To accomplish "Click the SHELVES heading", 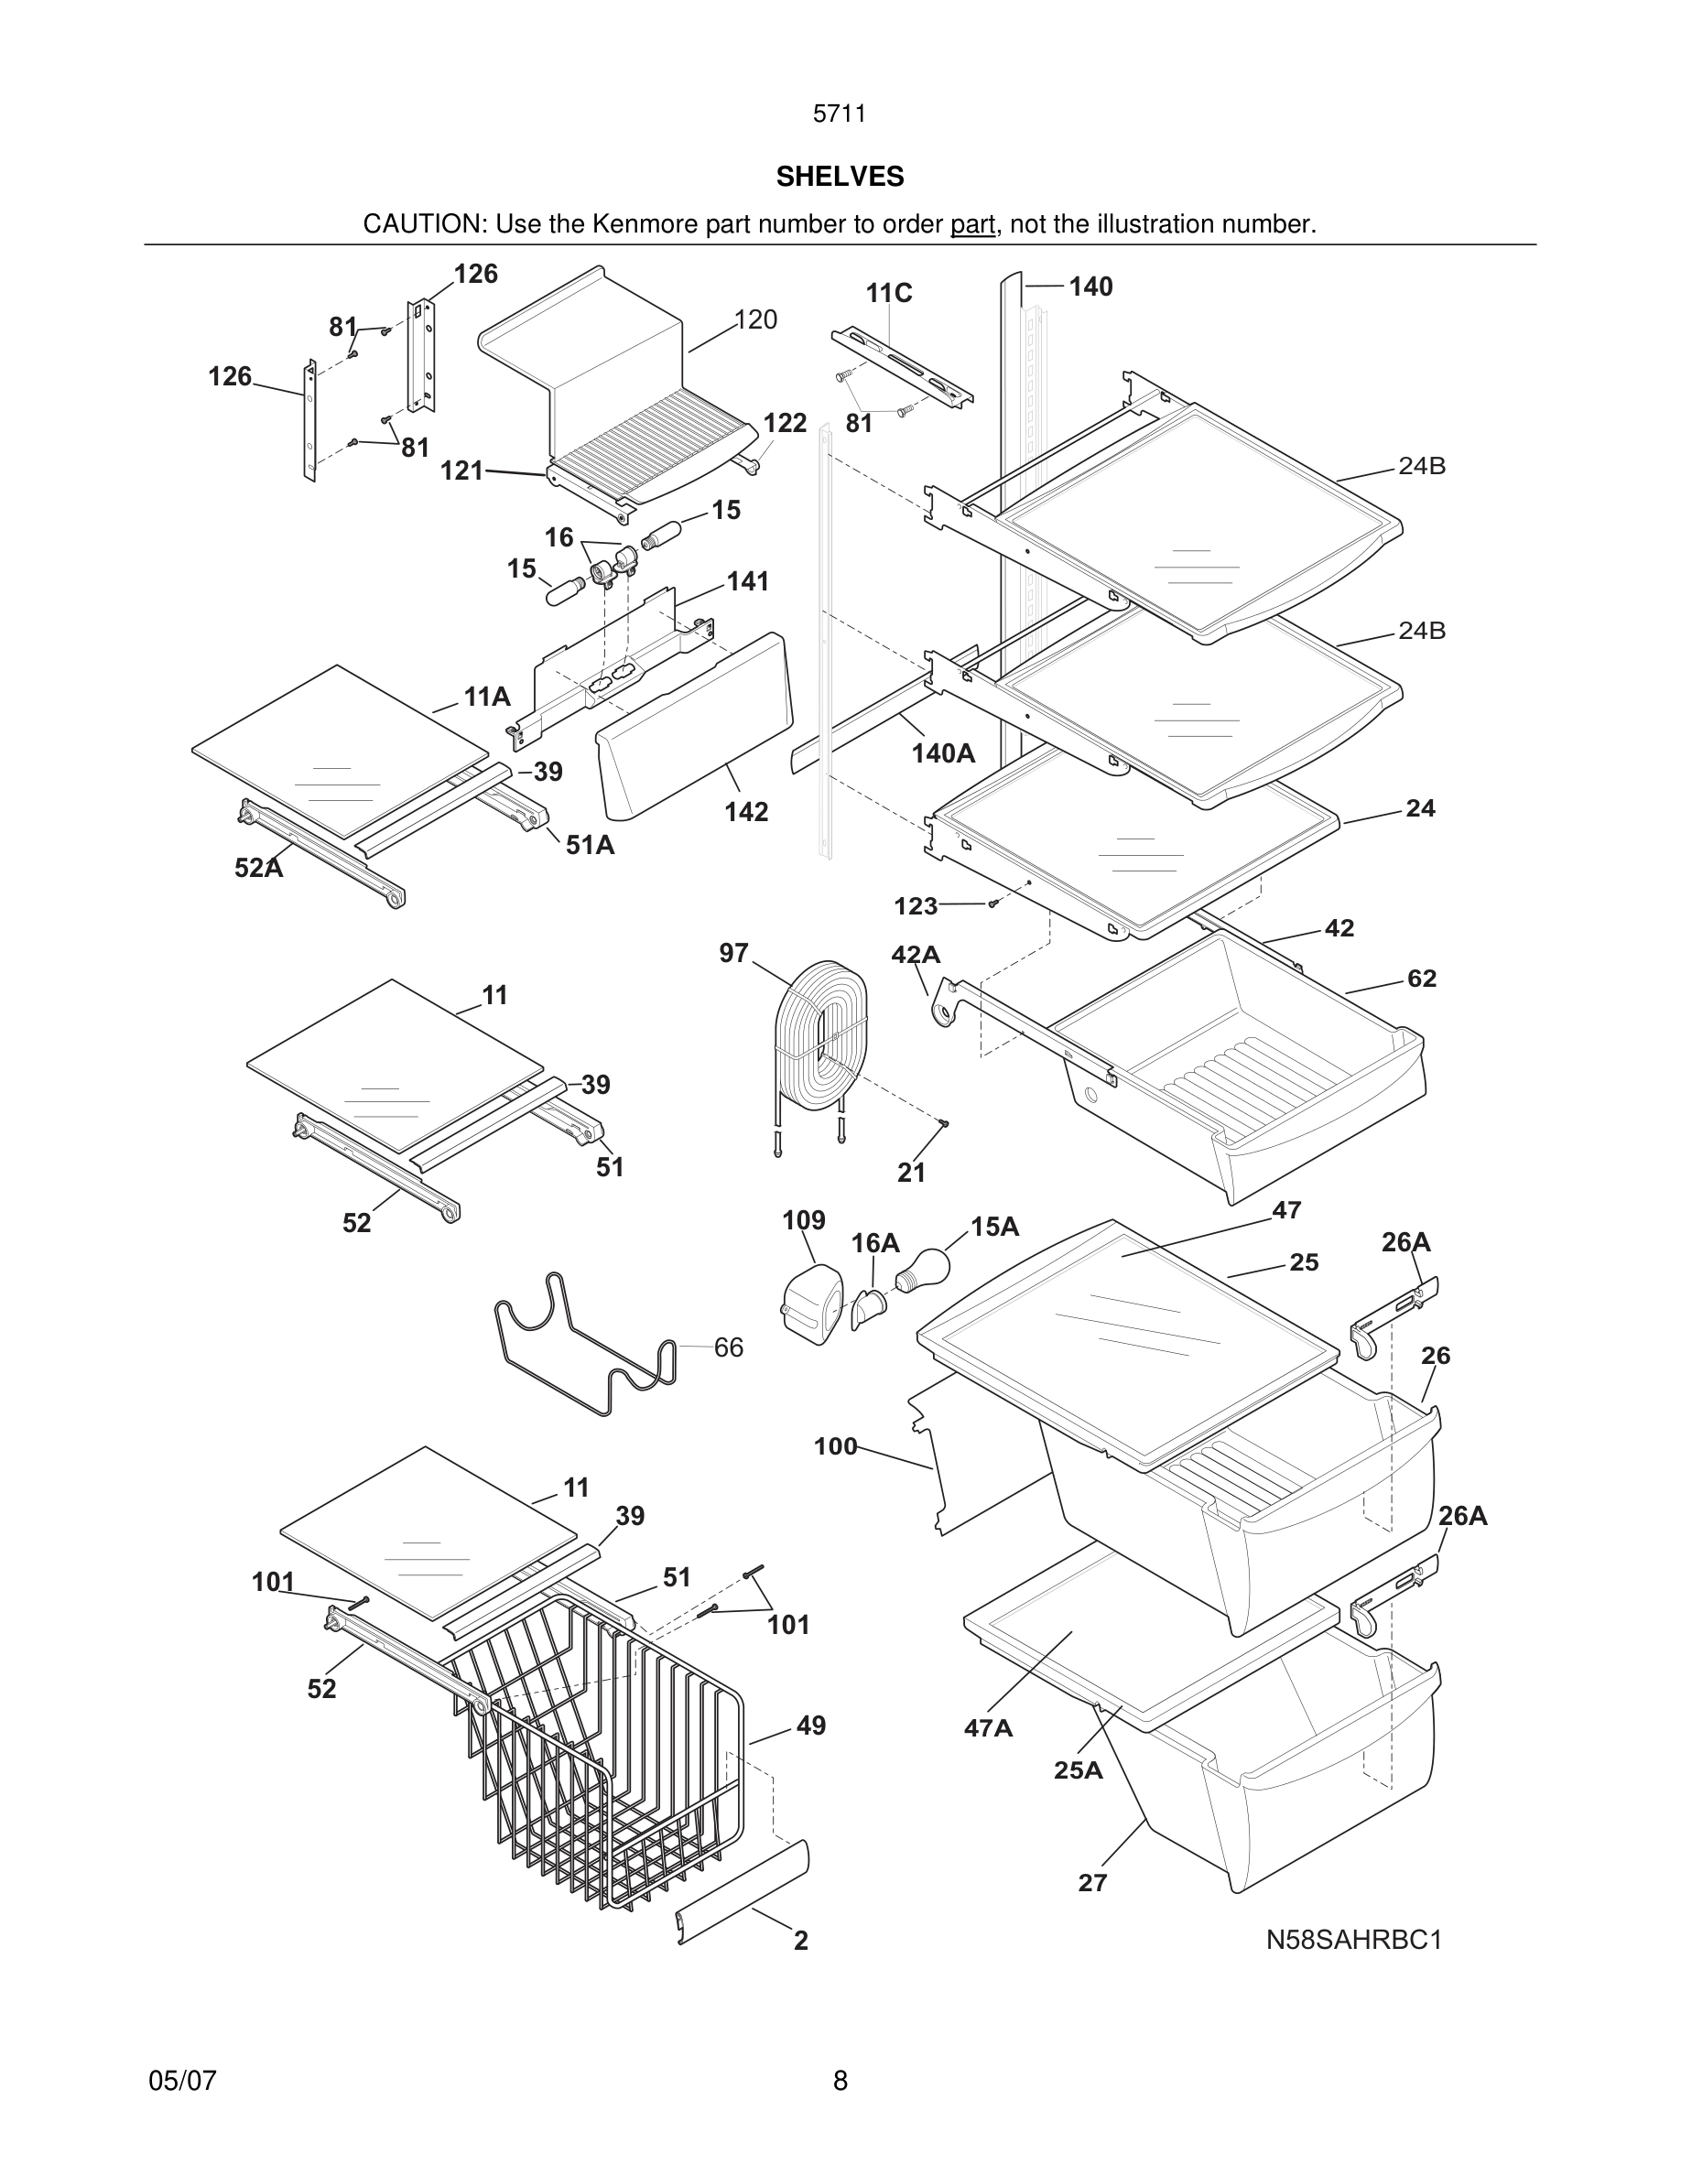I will coord(840,177).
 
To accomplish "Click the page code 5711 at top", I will coord(840,114).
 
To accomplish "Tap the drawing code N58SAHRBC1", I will coord(1353,1939).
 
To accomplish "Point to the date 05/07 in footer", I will coord(182,2081).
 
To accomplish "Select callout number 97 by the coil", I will coord(734,953).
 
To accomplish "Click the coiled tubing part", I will coord(821,1035).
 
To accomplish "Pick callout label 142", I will coord(746,812).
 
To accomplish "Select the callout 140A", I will coord(943,754).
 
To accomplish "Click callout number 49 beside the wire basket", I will coord(810,1726).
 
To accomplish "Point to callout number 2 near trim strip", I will coord(800,1940).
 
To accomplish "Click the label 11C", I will coord(888,293).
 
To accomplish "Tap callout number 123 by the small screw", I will coord(916,905).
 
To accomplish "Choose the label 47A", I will coord(988,1728).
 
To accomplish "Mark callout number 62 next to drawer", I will coord(1421,978).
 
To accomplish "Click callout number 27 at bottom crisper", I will coord(1092,1882).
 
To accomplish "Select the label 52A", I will coord(259,868).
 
